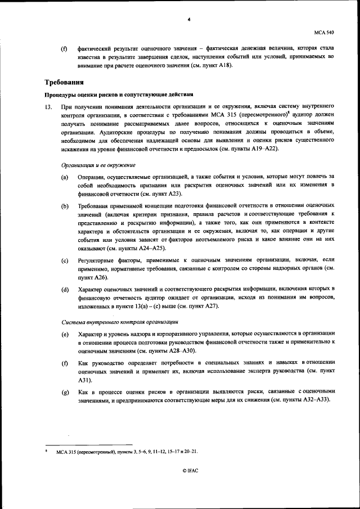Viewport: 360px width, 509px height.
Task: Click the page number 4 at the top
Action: (x=189, y=20)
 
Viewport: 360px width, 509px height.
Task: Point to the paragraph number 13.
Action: (x=48, y=106)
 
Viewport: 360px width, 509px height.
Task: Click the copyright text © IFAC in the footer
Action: (x=190, y=470)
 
